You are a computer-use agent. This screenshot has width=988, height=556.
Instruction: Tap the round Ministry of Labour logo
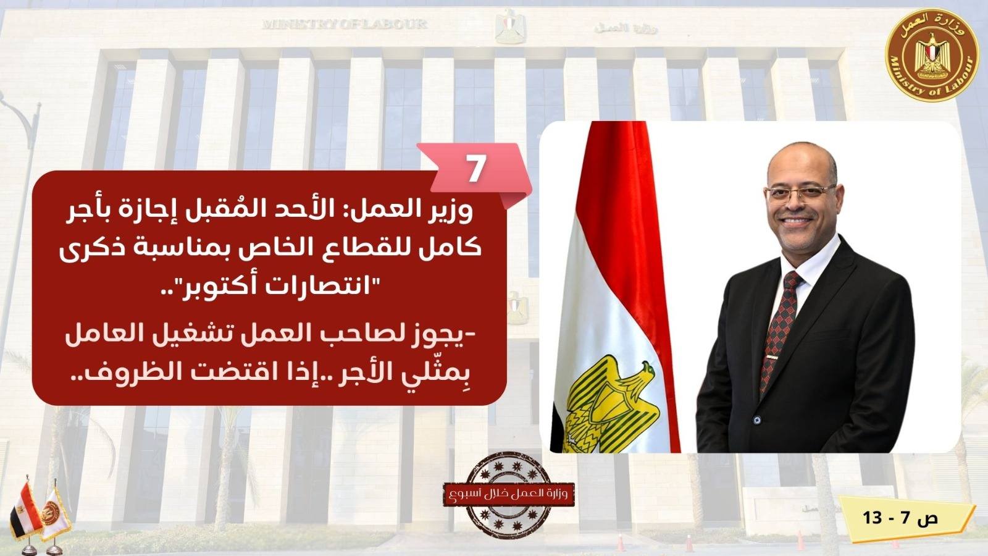pyautogui.click(x=932, y=56)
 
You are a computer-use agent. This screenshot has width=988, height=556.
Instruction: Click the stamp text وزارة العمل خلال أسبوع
pyautogui.click(x=509, y=494)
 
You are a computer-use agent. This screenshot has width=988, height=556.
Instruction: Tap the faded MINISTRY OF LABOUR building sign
pyautogui.click(x=345, y=24)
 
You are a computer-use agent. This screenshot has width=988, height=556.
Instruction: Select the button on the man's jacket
pyautogui.click(x=757, y=418)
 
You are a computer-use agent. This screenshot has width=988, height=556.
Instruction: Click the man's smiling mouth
pyautogui.click(x=795, y=221)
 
